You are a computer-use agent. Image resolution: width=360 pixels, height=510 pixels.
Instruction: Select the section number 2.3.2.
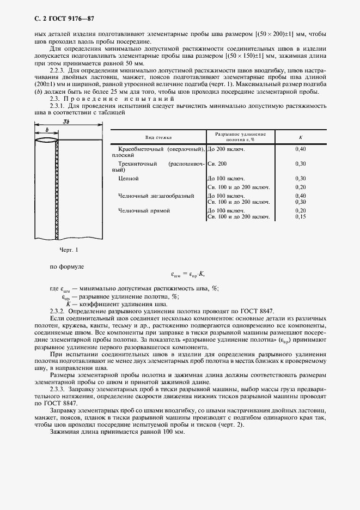pyautogui.click(x=58, y=310)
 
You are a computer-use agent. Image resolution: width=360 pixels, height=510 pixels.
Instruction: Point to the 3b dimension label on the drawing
pyautogui.click(x=65, y=121)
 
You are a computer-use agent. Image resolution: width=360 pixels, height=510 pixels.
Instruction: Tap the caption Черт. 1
pyautogui.click(x=69, y=250)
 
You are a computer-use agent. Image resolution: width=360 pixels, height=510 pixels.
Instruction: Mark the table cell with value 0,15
pyautogui.click(x=300, y=217)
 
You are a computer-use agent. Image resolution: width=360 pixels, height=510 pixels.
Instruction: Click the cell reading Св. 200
pyautogui.click(x=217, y=163)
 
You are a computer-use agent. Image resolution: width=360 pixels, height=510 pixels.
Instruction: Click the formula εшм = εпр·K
pyautogui.click(x=187, y=274)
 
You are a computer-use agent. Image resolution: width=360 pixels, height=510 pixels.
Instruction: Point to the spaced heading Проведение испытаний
pyautogui.click(x=106, y=99)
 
